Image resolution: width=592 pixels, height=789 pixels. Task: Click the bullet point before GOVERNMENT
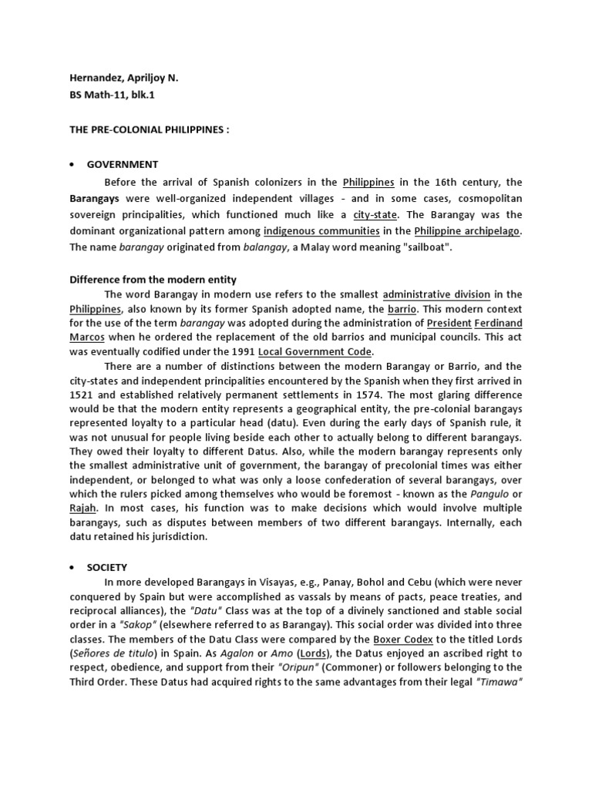72,164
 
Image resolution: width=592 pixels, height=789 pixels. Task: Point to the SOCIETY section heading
109,567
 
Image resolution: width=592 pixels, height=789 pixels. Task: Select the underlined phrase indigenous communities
321,230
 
